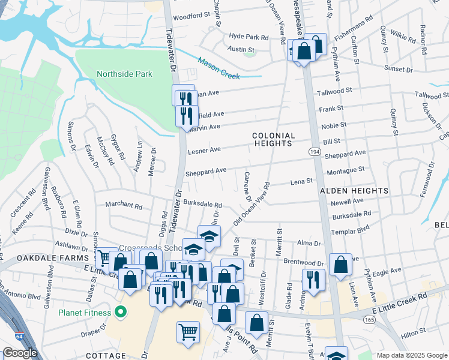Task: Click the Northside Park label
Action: tap(124, 74)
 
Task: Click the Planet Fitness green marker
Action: tap(120, 313)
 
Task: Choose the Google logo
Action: tap(20, 353)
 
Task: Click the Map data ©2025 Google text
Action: tap(411, 355)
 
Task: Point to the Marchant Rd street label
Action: tap(124, 205)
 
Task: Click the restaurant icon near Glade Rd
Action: tap(313, 278)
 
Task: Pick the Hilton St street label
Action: tap(414, 330)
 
